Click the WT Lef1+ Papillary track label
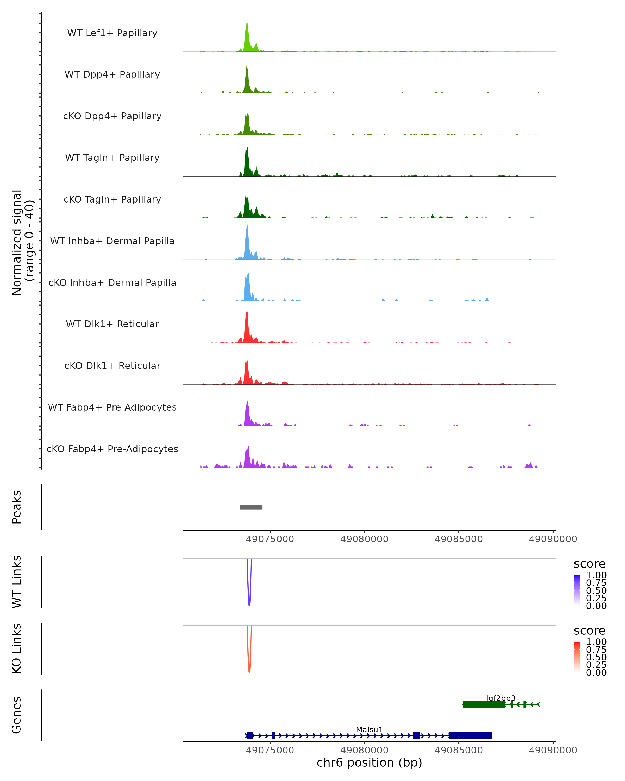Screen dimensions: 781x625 click(x=112, y=33)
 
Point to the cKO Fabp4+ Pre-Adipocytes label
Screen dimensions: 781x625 click(x=112, y=449)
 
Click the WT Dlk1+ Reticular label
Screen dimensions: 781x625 click(x=112, y=324)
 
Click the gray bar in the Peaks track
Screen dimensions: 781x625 click(x=251, y=507)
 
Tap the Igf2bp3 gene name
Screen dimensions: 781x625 click(x=501, y=698)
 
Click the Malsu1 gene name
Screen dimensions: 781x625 click(x=369, y=729)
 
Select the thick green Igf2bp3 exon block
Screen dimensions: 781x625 click(x=484, y=704)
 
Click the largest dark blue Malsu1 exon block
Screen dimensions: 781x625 click(x=470, y=736)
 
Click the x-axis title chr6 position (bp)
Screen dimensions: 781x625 click(x=369, y=763)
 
